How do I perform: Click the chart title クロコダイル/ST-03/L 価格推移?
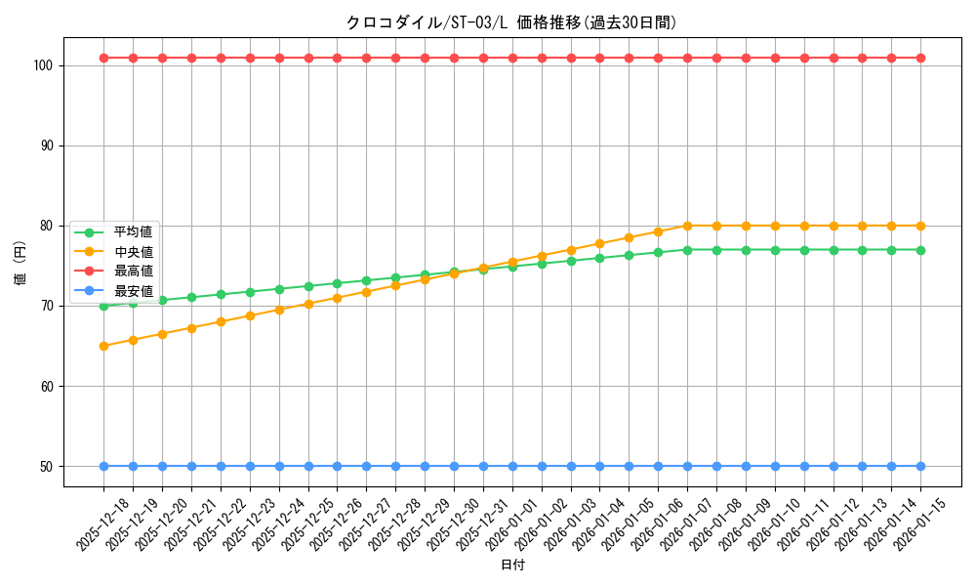pyautogui.click(x=511, y=22)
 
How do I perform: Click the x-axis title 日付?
pyautogui.click(x=512, y=565)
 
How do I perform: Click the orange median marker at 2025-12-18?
pyautogui.click(x=103, y=346)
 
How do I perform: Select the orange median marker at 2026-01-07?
pyautogui.click(x=687, y=226)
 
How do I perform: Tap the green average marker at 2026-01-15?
pyautogui.click(x=920, y=250)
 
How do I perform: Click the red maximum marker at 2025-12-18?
pyautogui.click(x=103, y=58)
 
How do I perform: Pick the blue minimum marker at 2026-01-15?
pyautogui.click(x=920, y=466)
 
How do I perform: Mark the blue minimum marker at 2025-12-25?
pyautogui.click(x=308, y=466)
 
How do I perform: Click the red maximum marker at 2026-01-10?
pyautogui.click(x=775, y=58)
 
